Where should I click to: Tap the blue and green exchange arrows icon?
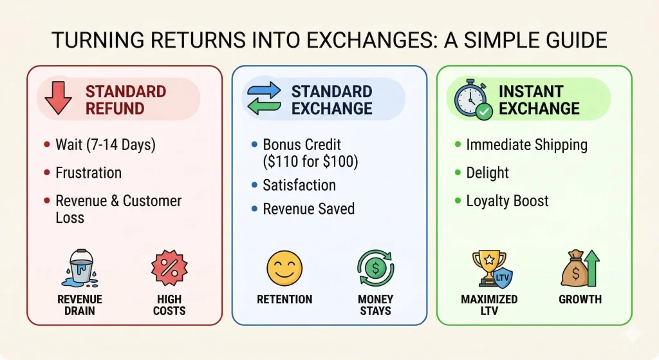point(264,99)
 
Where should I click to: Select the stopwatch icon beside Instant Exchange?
point(472,99)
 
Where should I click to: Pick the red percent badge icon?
point(169,269)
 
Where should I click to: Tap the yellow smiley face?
point(284,269)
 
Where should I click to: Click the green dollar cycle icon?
point(375,269)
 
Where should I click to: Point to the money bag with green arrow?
point(580,269)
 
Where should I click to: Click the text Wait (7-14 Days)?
point(106,145)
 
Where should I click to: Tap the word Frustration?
point(88,173)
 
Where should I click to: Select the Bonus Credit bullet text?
point(310,153)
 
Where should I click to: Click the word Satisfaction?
point(299,185)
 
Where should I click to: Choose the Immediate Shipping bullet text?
point(526,145)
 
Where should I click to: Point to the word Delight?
point(487,173)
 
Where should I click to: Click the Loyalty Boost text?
point(507,200)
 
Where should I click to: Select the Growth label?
point(580,299)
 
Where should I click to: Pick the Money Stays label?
point(375,305)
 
